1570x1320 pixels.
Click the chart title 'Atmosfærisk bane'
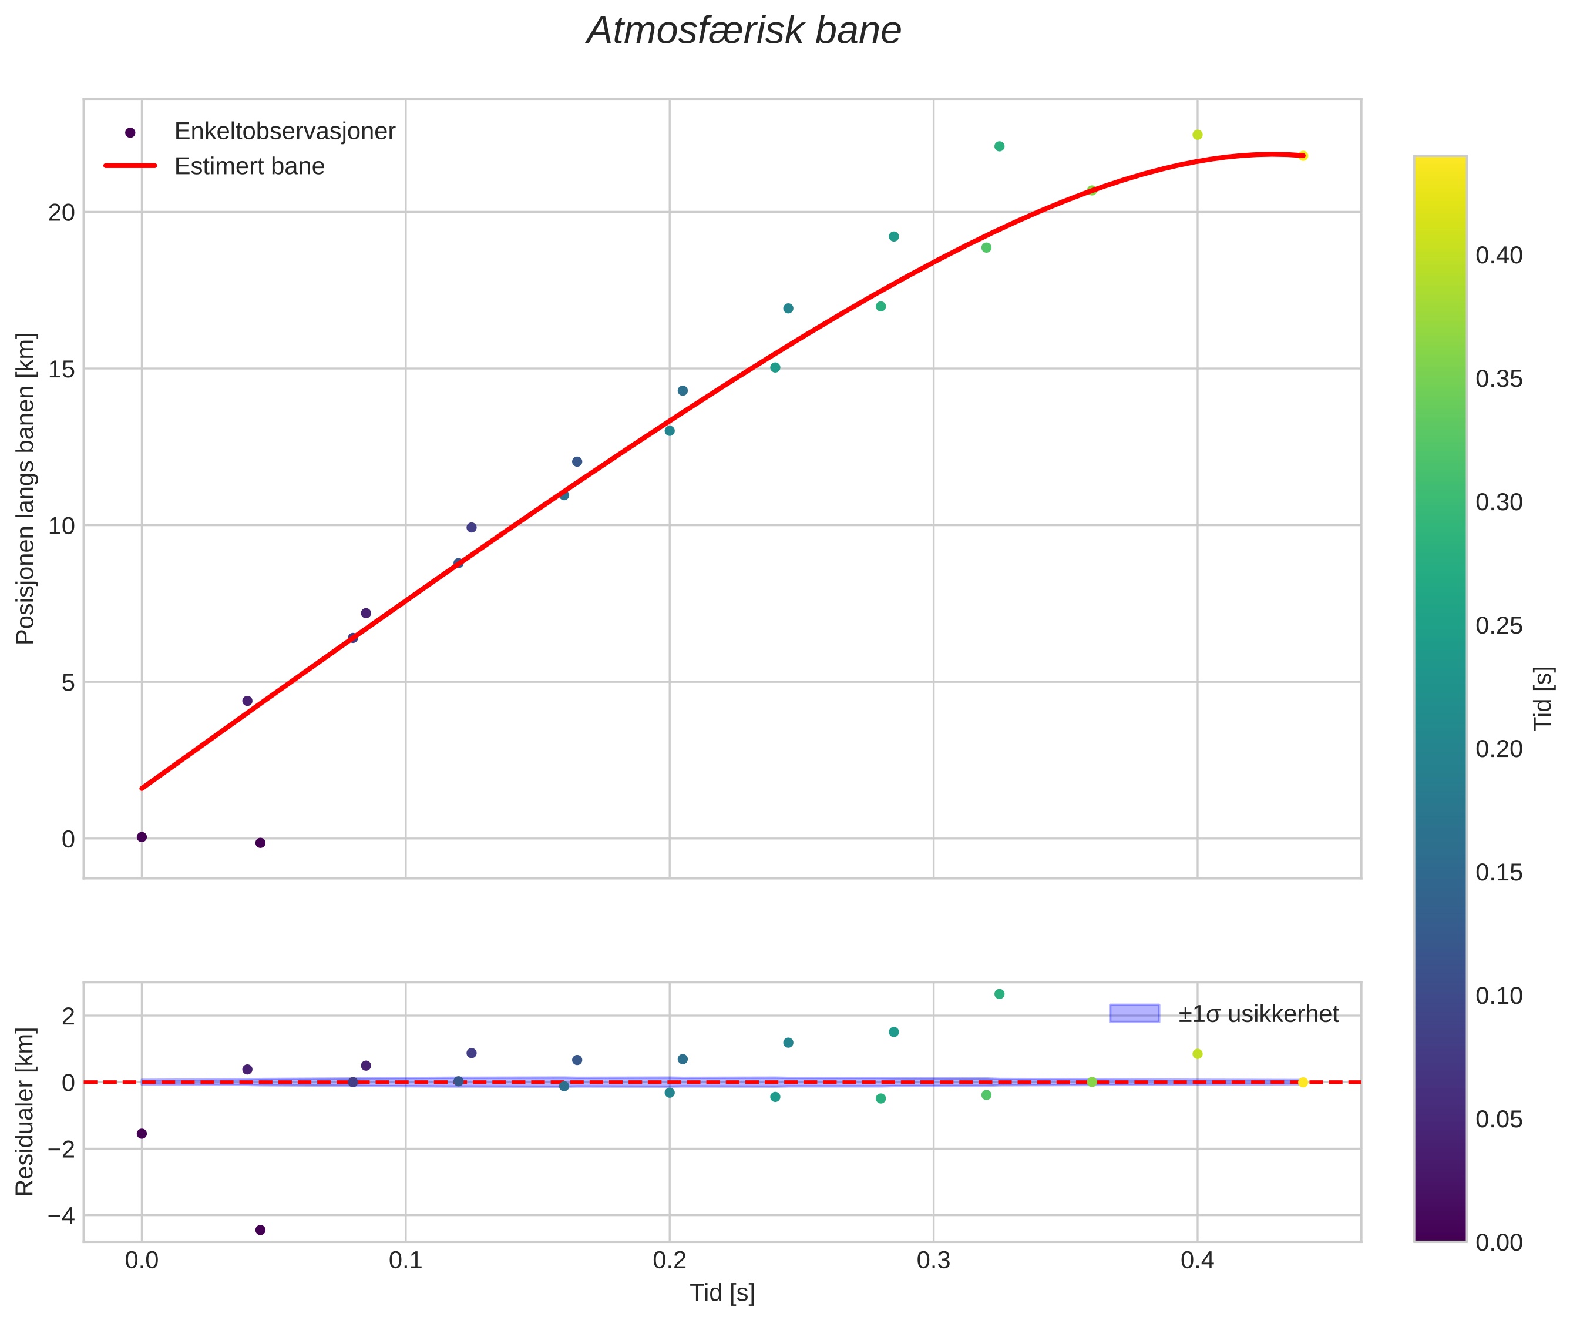744,31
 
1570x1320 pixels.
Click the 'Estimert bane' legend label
249,166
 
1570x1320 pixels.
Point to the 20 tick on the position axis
62,213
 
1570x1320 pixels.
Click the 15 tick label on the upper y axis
62,369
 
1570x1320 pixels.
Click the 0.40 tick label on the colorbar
1499,255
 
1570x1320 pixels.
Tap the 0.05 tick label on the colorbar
1499,1120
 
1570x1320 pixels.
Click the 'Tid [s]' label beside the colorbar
1543,698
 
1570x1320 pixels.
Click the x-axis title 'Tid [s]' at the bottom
722,1293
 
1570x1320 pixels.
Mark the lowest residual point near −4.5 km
260,1230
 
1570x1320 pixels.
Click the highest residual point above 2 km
999,994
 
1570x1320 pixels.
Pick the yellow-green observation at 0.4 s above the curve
1198,135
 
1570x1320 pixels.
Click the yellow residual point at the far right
1303,1082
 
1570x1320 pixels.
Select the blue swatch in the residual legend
1134,1014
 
